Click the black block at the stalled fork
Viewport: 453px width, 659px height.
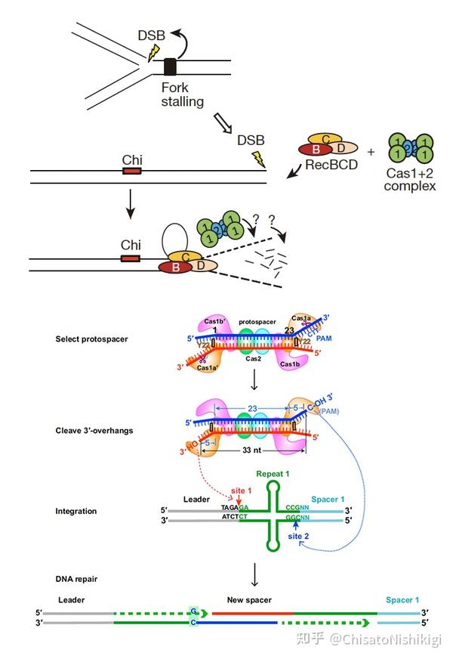(171, 67)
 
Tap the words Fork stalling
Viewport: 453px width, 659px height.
(182, 94)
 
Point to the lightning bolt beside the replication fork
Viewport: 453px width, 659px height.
(154, 51)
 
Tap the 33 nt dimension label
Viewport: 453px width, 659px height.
(252, 450)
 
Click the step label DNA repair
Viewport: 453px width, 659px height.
(76, 579)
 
